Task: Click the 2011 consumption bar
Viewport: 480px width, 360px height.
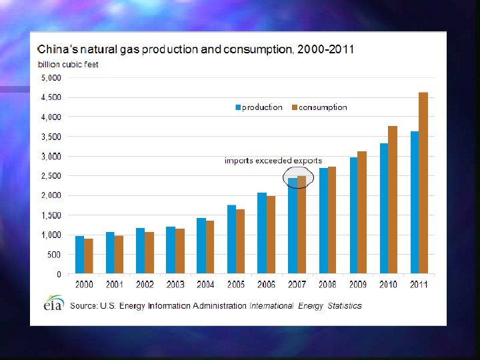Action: point(423,183)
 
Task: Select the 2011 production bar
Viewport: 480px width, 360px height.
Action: point(415,203)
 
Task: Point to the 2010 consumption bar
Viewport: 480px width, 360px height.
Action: point(393,200)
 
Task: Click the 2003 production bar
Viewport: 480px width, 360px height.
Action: point(171,250)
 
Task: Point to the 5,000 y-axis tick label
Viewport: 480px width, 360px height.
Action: point(51,77)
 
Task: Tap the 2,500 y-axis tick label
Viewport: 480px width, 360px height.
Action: point(51,176)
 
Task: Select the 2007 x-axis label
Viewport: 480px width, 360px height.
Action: point(297,285)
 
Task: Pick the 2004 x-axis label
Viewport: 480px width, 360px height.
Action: point(205,285)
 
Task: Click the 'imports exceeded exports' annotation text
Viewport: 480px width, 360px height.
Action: point(273,161)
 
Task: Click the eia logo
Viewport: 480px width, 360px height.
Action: point(53,303)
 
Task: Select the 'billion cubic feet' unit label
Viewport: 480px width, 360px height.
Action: point(67,65)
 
